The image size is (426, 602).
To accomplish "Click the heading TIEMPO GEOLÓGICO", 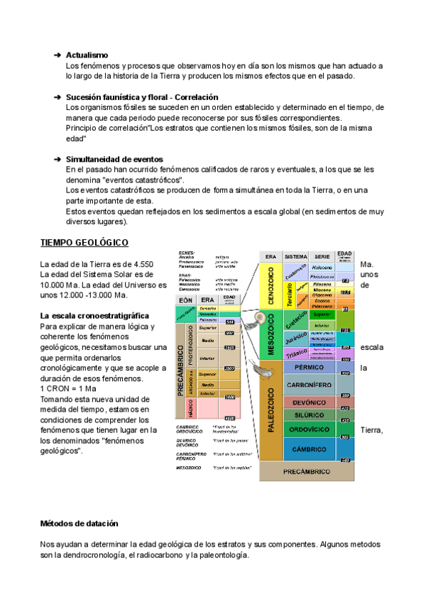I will click(84, 243).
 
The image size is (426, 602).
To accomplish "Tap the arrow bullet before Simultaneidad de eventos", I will click(58, 159).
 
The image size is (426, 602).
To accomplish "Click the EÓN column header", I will click(186, 300).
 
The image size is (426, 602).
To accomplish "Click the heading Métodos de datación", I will click(84, 523).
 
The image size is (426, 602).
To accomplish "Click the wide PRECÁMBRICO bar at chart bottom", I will click(306, 471).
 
